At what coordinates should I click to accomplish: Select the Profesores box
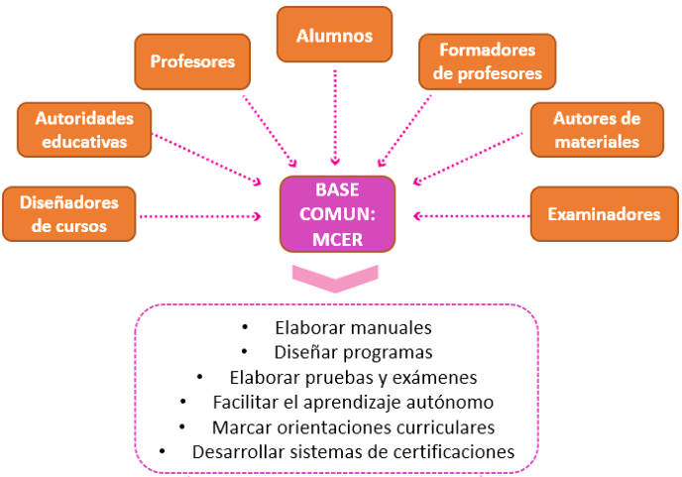pos(192,61)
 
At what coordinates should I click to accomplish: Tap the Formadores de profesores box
pos(486,61)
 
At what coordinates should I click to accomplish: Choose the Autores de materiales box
pos(596,129)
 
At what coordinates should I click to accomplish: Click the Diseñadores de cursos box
pos(68,213)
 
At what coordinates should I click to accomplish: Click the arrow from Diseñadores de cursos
pos(208,214)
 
